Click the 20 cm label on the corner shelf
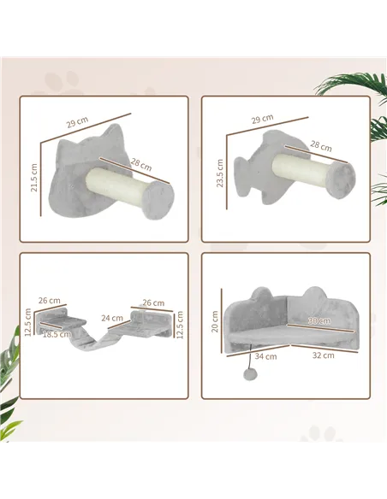pos(217,320)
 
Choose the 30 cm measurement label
pos(319,320)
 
